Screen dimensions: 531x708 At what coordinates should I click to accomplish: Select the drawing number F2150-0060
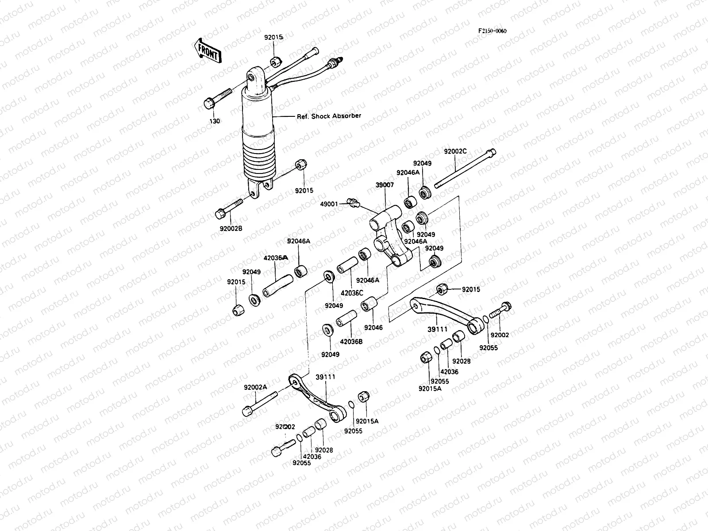pyautogui.click(x=492, y=31)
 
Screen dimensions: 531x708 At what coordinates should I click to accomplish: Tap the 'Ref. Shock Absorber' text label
pyautogui.click(x=329, y=116)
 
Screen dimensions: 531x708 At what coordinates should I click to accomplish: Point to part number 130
pyautogui.click(x=215, y=121)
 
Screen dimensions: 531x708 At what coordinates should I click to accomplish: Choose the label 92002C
pyautogui.click(x=455, y=151)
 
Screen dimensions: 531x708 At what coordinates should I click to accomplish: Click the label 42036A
pyautogui.click(x=275, y=258)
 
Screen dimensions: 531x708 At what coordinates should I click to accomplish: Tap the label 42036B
pyautogui.click(x=351, y=341)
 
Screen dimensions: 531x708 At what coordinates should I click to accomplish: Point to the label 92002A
pyautogui.click(x=255, y=387)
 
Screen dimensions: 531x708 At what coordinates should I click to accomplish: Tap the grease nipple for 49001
pyautogui.click(x=353, y=203)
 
